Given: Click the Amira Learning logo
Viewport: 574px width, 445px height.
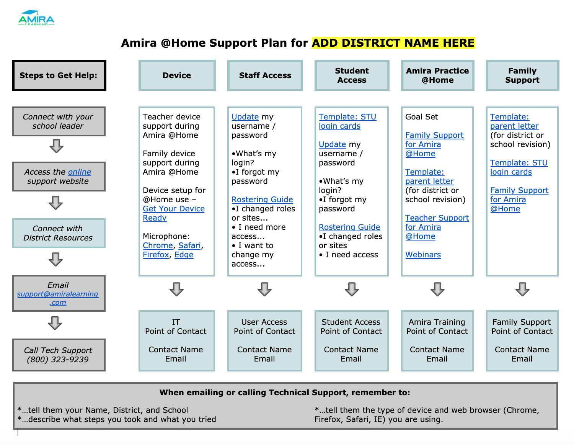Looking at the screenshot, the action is (x=36, y=18).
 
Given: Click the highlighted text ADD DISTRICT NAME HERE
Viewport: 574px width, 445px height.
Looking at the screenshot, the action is (x=393, y=43).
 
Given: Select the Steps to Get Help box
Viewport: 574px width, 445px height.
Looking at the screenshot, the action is (x=59, y=75).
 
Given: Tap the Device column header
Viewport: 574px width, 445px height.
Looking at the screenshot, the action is (x=177, y=75).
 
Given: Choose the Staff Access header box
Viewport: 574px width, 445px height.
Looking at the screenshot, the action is (x=265, y=75).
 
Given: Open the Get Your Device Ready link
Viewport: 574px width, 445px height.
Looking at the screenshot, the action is (x=174, y=213).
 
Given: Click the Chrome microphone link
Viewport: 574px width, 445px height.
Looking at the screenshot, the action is (x=158, y=245).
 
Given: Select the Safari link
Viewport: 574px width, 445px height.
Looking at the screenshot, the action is (x=189, y=245).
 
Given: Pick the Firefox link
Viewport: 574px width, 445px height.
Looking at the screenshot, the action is (x=156, y=255).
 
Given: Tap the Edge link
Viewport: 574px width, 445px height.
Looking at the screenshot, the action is (x=184, y=255).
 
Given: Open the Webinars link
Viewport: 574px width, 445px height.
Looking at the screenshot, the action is (x=423, y=255).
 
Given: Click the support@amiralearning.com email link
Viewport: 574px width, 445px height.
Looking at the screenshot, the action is (x=58, y=298).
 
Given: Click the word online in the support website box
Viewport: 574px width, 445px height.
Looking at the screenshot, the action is (x=80, y=172).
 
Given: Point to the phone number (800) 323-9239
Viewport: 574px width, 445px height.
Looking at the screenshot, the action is (x=58, y=359).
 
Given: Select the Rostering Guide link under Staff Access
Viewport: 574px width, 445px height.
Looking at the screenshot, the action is (x=262, y=200).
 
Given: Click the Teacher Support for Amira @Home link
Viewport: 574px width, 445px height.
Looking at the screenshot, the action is (x=437, y=227).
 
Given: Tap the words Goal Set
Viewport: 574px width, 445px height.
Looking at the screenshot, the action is (x=421, y=117).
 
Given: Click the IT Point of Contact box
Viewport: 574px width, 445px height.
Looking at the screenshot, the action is (x=177, y=340).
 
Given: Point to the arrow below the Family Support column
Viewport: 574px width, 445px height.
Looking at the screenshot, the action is (x=522, y=289).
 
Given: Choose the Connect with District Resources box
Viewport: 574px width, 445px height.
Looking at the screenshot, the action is (x=59, y=233).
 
